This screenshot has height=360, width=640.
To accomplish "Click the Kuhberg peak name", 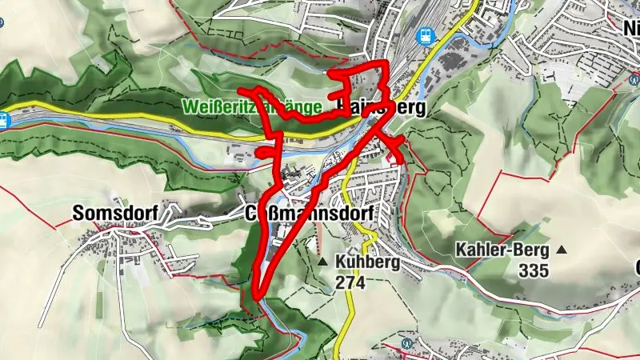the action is pos(368,262).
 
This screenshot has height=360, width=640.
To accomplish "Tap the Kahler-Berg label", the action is pos(502,250).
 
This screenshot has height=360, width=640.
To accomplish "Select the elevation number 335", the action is pos(534,270).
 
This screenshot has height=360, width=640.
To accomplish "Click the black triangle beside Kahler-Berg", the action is pos(562,250).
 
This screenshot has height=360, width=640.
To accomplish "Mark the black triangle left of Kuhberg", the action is pos(322,262).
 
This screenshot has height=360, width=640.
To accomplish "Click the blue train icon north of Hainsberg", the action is pos(425,35).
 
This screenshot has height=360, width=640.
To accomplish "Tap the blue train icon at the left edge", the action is pos(4,119).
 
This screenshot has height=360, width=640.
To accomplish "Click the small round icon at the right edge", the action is pos(634,79).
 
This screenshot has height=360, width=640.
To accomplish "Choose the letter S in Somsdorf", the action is pos(78,214).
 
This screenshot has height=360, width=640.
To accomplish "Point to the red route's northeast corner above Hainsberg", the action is pos(386,64).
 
